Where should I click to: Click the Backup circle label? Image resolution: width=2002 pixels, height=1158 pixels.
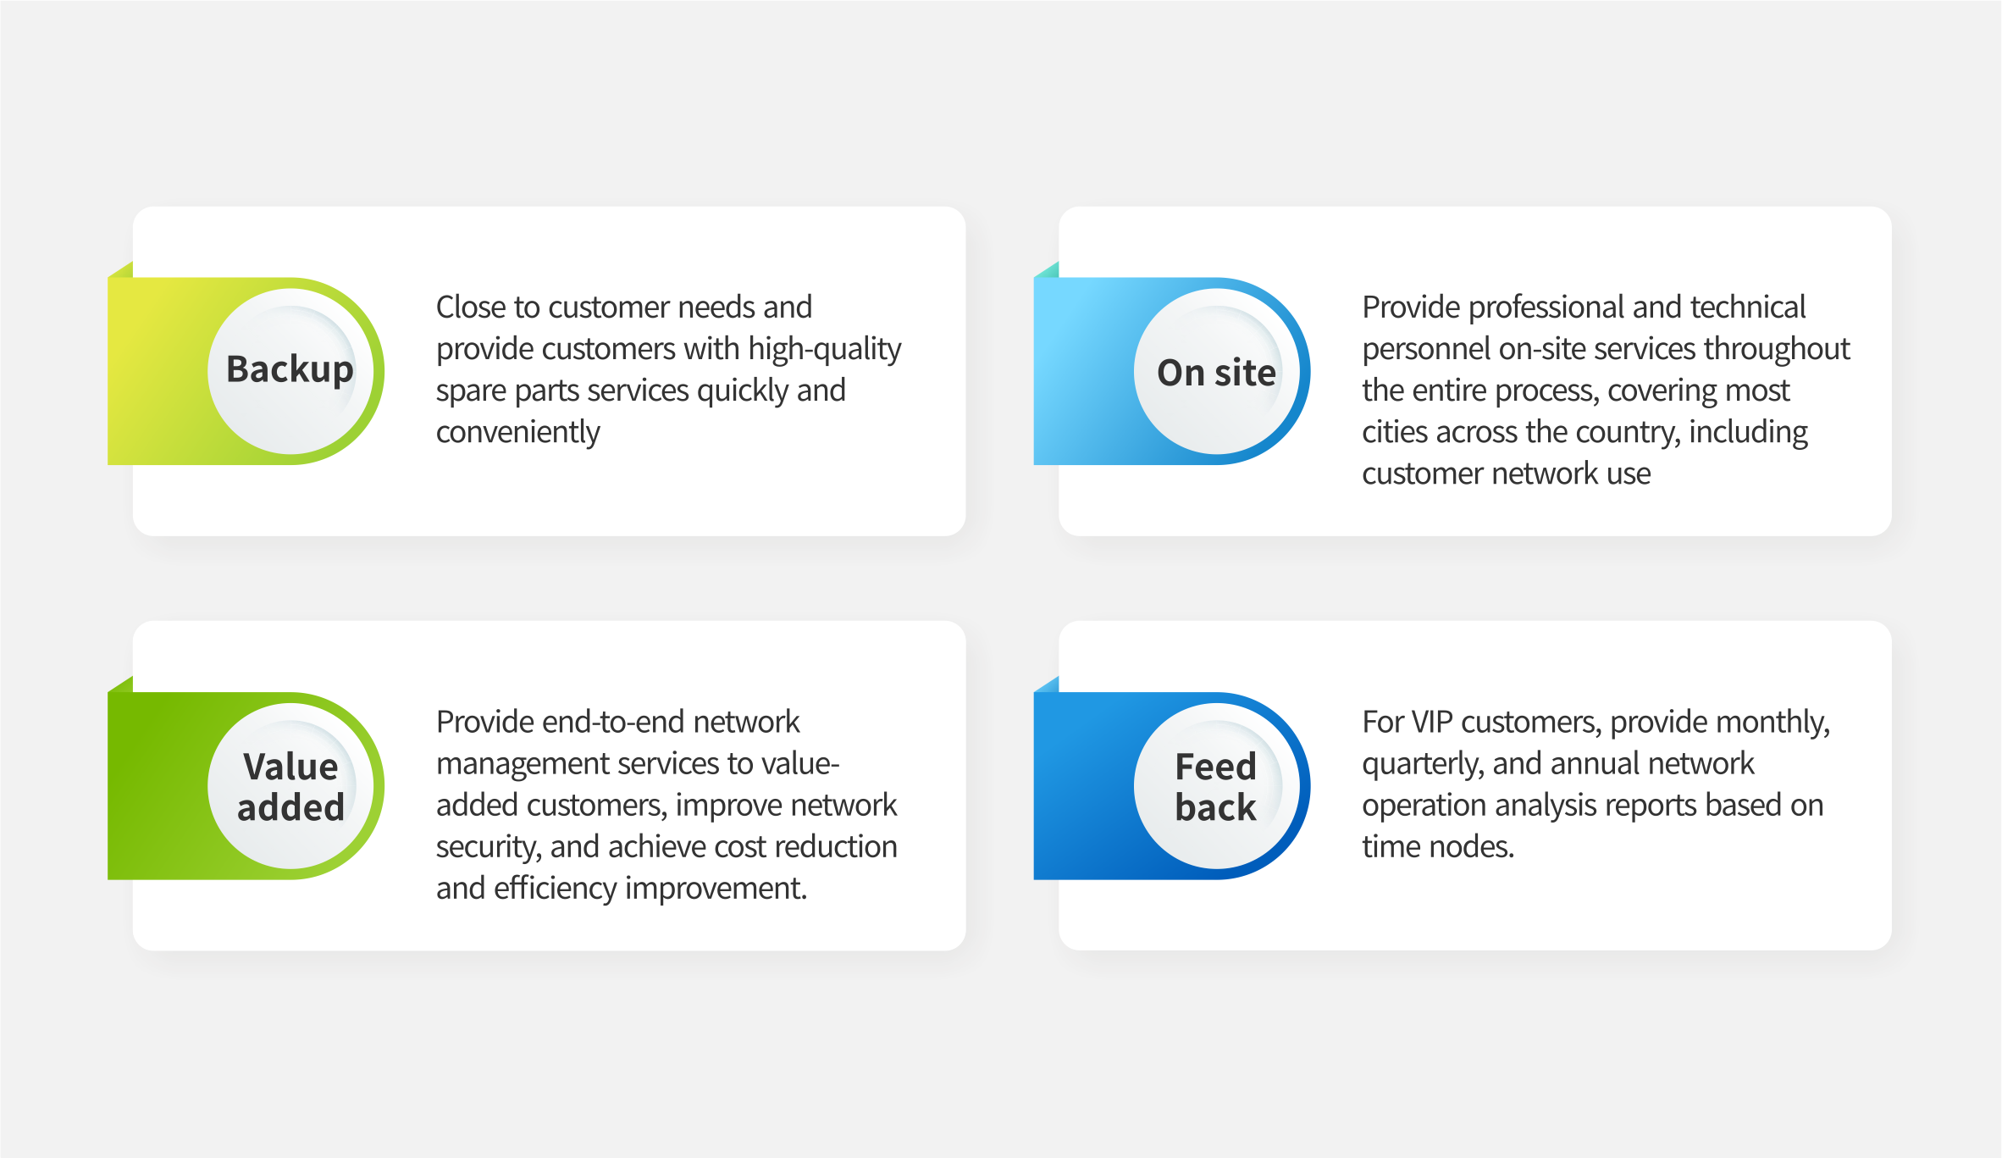click(x=290, y=370)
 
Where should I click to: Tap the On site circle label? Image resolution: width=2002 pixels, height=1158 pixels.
click(x=1216, y=373)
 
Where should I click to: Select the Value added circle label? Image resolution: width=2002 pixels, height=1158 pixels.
click(x=290, y=787)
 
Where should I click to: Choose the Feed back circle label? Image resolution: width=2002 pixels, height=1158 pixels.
click(x=1215, y=787)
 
